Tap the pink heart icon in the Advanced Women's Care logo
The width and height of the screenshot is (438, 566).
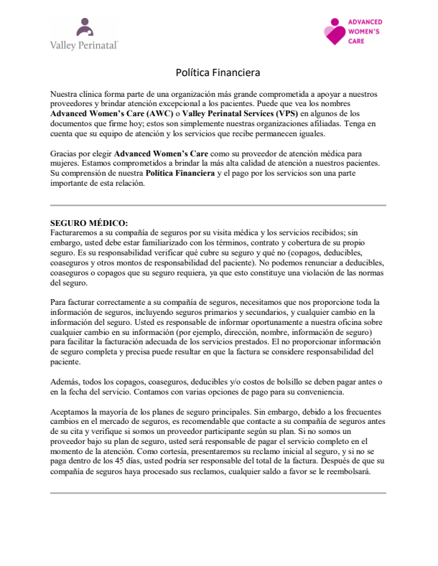click(x=334, y=32)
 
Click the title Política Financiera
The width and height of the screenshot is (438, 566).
click(x=218, y=72)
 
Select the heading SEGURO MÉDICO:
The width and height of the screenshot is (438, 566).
click(x=89, y=223)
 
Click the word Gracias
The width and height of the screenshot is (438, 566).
click(x=66, y=154)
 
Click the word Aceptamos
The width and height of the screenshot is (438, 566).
click(x=73, y=412)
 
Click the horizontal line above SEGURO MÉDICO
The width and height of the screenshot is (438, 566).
click(x=218, y=207)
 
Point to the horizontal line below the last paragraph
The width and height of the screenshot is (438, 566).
click(x=218, y=493)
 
